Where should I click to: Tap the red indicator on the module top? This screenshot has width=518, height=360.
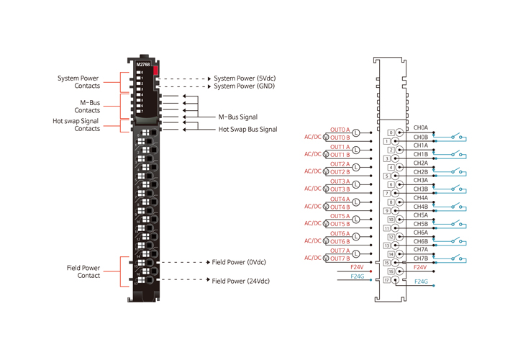point(155,68)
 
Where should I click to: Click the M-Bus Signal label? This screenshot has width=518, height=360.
point(238,117)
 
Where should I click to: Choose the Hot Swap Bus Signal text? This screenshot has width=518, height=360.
point(247,130)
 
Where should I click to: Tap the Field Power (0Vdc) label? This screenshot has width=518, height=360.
point(240,262)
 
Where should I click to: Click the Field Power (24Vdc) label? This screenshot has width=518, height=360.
point(241,281)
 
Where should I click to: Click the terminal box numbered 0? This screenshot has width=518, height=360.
point(391,132)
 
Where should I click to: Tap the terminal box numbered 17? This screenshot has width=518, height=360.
point(386,280)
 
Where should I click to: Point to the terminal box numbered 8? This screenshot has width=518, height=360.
point(391,202)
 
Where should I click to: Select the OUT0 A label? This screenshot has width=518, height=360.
point(340,130)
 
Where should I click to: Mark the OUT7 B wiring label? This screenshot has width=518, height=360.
point(340,258)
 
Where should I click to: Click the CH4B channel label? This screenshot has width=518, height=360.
point(421,207)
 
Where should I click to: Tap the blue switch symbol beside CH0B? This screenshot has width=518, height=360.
point(458,135)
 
